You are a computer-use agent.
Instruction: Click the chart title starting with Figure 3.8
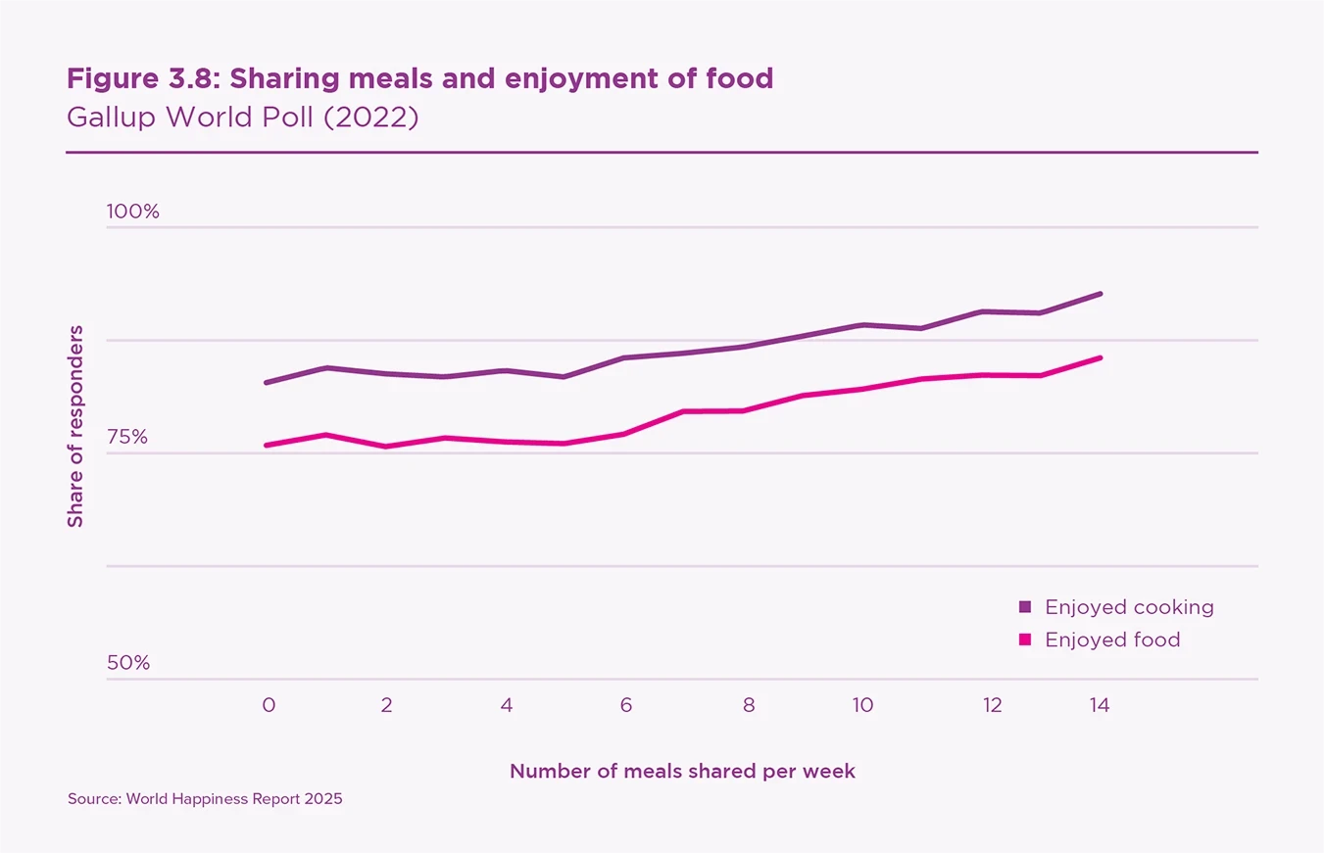[419, 78]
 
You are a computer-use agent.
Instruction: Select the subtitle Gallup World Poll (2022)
[242, 118]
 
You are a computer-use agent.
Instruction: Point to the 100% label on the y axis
[133, 212]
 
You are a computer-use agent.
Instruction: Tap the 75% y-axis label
[127, 437]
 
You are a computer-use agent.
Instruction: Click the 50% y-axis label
[128, 663]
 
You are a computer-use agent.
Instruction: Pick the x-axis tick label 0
[268, 704]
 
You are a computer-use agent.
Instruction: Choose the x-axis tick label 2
[387, 704]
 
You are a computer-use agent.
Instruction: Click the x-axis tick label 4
[506, 704]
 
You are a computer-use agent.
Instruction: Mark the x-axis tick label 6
[625, 704]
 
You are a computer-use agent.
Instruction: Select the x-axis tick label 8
[749, 704]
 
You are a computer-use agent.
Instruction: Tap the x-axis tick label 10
[862, 704]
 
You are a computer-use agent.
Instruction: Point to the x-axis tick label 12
[993, 704]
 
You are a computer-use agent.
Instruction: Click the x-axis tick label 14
[1100, 704]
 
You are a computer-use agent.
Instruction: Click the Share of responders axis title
[75, 426]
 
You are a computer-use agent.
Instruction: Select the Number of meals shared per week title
[682, 772]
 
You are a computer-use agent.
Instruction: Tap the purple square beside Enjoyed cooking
[1025, 607]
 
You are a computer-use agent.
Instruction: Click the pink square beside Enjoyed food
[1025, 640]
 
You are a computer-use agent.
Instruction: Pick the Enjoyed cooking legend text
[1129, 607]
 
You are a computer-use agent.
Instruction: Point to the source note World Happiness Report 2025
[205, 799]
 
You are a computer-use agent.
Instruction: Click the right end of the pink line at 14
[1101, 357]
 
